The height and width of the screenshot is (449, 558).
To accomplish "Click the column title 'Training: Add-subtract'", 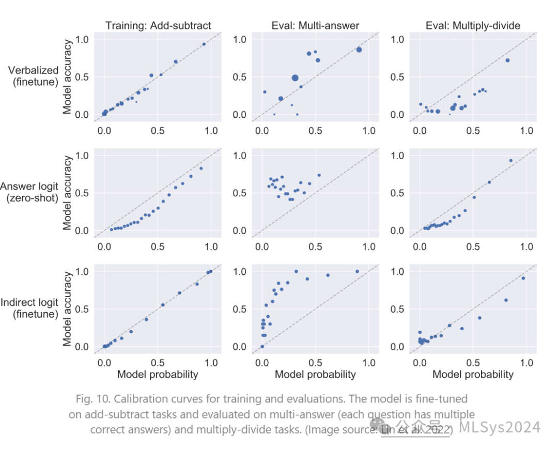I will tap(158, 25).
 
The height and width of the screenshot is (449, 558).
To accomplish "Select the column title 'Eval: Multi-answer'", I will tap(315, 25).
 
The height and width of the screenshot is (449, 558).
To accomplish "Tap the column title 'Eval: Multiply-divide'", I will tap(473, 25).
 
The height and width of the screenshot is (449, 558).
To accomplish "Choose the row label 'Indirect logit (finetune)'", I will tap(30, 308).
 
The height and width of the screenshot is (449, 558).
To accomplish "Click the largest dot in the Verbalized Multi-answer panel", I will tap(295, 78).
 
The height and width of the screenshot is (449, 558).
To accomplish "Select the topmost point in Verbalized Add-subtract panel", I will tap(204, 44).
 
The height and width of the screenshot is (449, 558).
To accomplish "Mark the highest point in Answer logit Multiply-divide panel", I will tap(511, 161).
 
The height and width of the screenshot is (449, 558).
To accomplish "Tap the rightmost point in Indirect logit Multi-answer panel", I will tap(357, 271).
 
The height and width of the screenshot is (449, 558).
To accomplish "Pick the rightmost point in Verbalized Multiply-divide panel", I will tap(507, 60).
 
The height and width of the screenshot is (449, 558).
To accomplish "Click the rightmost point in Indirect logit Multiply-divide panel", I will tap(523, 278).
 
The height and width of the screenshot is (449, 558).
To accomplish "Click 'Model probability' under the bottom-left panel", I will tap(158, 375).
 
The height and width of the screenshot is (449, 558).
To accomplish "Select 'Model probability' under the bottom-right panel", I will tap(473, 375).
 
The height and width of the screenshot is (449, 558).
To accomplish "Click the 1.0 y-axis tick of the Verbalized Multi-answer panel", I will tap(241, 40).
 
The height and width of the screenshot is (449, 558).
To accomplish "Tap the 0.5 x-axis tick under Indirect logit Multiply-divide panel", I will tap(473, 363).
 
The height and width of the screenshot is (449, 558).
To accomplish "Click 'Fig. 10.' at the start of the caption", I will tap(91, 399).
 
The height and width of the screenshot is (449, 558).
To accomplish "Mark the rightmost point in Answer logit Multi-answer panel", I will tap(319, 175).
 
